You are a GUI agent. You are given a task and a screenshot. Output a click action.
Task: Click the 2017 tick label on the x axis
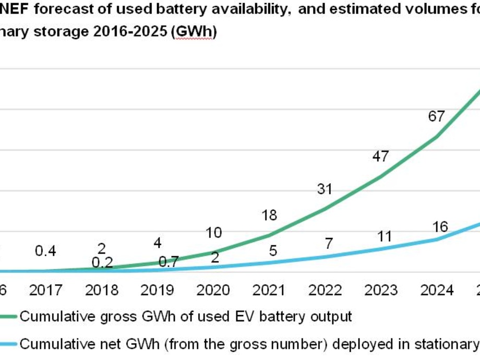coord(47,290)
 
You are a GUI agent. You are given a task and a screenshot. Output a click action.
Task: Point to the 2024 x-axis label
coord(437,290)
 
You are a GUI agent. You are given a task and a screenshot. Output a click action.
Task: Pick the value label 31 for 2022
coord(325,189)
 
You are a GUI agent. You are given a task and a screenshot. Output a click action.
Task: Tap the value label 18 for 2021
coord(269,215)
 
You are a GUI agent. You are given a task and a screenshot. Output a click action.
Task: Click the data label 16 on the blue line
coord(440,226)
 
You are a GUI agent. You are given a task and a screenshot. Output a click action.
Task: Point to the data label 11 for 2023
coord(385,236)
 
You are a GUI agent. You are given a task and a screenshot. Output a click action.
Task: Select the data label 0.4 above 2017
coord(46,251)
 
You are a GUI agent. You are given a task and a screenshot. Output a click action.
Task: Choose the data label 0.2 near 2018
coord(102,262)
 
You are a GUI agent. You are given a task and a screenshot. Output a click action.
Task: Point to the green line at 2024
coord(436,137)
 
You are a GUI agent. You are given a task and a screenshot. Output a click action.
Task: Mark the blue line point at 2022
coord(325,257)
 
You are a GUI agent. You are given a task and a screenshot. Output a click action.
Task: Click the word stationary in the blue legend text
coord(450,344)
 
